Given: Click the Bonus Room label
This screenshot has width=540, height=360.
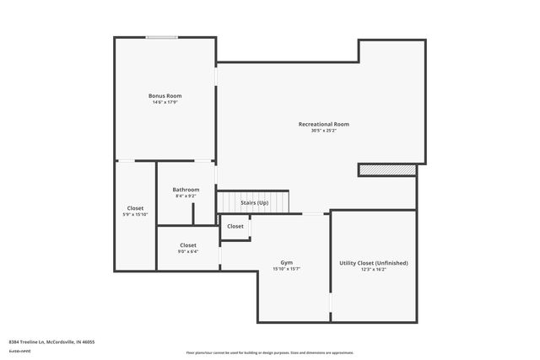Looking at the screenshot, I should tap(165, 96).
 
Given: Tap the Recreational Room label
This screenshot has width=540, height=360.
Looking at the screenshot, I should tap(323, 124).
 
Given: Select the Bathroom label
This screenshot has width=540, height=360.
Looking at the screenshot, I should tap(186, 190).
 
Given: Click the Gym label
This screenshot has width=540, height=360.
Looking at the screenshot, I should tap(287, 262).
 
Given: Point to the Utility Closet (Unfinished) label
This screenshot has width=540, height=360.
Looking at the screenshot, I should tap(373, 263).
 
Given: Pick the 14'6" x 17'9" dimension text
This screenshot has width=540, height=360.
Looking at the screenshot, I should tap(165, 103).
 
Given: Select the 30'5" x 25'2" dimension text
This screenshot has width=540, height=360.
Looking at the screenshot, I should tap(323, 131).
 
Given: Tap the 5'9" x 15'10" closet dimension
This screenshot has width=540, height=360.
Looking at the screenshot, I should tap(135, 215).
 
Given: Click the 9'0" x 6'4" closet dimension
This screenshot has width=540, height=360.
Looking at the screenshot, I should tap(188, 251).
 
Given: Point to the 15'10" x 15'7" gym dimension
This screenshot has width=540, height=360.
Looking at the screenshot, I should tap(287, 269).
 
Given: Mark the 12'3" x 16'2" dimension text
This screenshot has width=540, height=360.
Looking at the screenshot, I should tap(373, 270).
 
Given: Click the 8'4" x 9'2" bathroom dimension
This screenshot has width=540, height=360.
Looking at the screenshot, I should tap(186, 196).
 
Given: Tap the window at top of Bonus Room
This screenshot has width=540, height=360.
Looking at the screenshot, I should tap(161, 37).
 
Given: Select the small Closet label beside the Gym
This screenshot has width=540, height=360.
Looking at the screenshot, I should tap(235, 226).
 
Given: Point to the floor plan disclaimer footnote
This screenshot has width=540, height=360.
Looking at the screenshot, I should tap(270, 352).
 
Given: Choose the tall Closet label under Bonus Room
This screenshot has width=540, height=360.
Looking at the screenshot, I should tap(135, 208).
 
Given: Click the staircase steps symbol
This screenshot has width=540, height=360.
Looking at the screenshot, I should tap(253, 202).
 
